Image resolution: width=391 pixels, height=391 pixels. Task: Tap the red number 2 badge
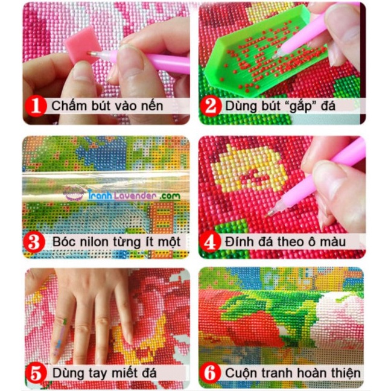click(x=211, y=107)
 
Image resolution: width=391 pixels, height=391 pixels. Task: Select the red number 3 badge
click(x=35, y=243)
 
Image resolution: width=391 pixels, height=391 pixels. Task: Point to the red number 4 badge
click(x=211, y=243)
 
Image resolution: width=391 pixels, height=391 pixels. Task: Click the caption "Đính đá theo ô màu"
click(x=283, y=243)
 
